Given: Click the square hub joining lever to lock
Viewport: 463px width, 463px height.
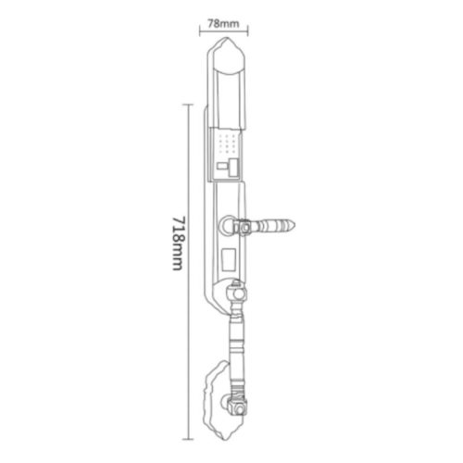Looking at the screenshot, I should point(244,225).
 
